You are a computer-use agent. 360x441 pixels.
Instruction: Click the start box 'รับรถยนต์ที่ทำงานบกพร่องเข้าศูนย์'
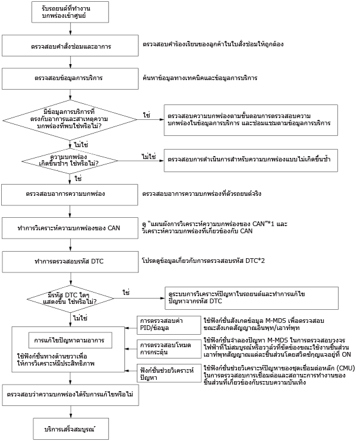70,12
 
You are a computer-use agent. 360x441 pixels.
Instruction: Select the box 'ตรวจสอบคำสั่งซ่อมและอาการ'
70,46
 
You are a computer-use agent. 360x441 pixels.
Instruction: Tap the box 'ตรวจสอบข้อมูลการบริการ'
70,78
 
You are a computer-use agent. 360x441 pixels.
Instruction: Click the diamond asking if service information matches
70,120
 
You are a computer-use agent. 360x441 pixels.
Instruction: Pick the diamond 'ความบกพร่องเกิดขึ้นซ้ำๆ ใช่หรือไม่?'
70,161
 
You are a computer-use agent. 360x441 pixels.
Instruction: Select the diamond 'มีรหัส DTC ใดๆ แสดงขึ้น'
70,299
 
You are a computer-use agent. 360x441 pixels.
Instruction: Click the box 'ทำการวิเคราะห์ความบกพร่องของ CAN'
70,228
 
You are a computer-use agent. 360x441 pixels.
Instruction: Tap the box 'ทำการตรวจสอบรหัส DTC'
70,262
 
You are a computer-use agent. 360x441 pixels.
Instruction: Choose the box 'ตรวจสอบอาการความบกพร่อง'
70,195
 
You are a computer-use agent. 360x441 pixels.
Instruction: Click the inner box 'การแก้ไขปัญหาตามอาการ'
70,340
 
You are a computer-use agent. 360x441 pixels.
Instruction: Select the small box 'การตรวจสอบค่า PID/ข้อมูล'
169,325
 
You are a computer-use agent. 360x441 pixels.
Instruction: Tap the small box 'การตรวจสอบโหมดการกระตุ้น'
169,349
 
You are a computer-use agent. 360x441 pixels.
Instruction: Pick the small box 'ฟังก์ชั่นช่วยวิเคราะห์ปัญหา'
169,373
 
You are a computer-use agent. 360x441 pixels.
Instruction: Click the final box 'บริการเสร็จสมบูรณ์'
71,429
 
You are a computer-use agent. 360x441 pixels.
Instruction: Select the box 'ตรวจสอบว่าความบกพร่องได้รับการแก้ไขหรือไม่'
70,395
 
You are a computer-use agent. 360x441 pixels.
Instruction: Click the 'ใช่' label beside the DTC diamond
126,293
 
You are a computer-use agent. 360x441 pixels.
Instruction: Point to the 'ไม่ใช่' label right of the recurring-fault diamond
149,157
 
